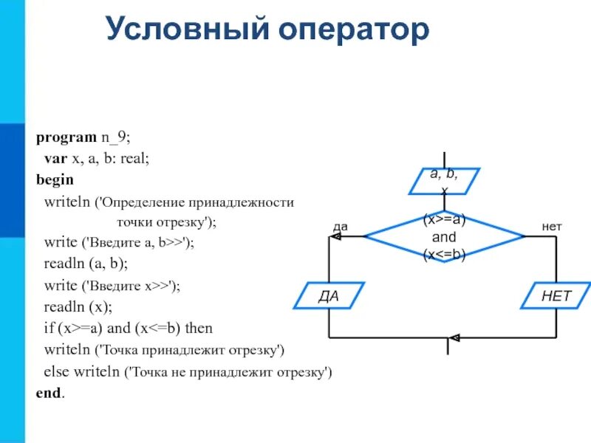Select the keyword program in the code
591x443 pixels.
point(66,137)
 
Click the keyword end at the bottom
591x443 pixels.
point(49,394)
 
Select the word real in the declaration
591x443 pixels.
point(134,159)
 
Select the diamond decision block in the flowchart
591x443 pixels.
point(444,237)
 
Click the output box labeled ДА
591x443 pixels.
point(329,296)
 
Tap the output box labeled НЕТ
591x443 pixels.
point(556,296)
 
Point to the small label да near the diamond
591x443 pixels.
point(341,227)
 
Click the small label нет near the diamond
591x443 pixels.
point(552,227)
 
